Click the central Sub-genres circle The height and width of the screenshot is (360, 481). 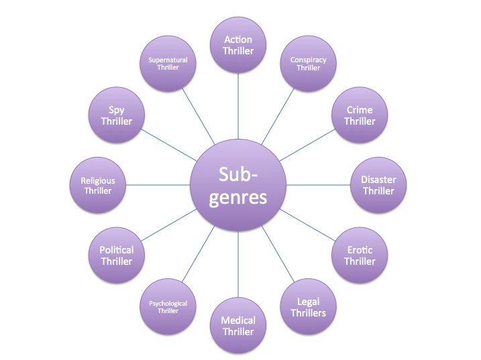point(238,186)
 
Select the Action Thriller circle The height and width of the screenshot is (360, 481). point(238,45)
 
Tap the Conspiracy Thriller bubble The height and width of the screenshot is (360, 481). point(308,64)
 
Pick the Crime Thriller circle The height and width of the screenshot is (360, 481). point(360,116)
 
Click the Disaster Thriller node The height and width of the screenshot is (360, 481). point(378,186)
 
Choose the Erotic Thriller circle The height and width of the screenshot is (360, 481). point(360,255)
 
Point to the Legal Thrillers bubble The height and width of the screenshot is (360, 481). point(308,307)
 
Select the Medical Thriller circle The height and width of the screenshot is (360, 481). point(238,326)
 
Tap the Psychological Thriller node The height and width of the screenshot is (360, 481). point(168,307)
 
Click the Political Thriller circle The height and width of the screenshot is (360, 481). point(117,255)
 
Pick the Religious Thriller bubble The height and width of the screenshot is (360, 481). point(98,186)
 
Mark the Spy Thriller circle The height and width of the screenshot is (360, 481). point(117,116)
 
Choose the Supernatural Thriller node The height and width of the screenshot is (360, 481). point(168,64)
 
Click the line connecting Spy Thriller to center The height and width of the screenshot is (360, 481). point(168,145)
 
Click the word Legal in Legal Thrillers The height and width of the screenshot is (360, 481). point(308,302)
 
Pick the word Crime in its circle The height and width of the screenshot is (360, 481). point(360,110)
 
